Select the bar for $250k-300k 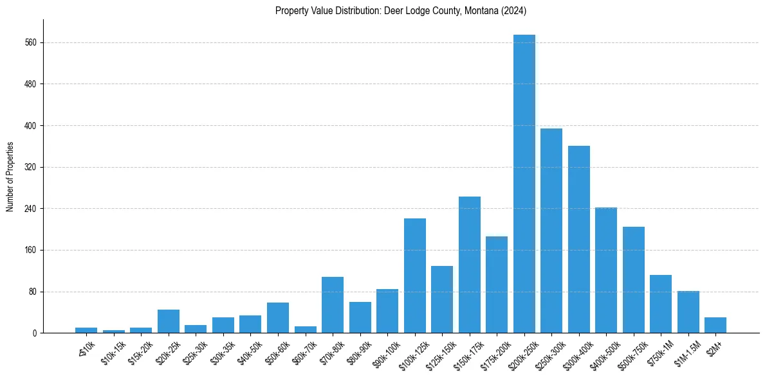click(551, 231)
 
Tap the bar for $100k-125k click(415, 276)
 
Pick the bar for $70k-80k click(333, 305)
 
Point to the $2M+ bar click(715, 325)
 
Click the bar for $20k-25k click(169, 321)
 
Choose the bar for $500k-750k click(634, 280)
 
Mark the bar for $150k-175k click(470, 265)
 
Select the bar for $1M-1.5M click(688, 312)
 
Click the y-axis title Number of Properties click(10, 177)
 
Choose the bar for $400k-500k click(606, 270)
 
